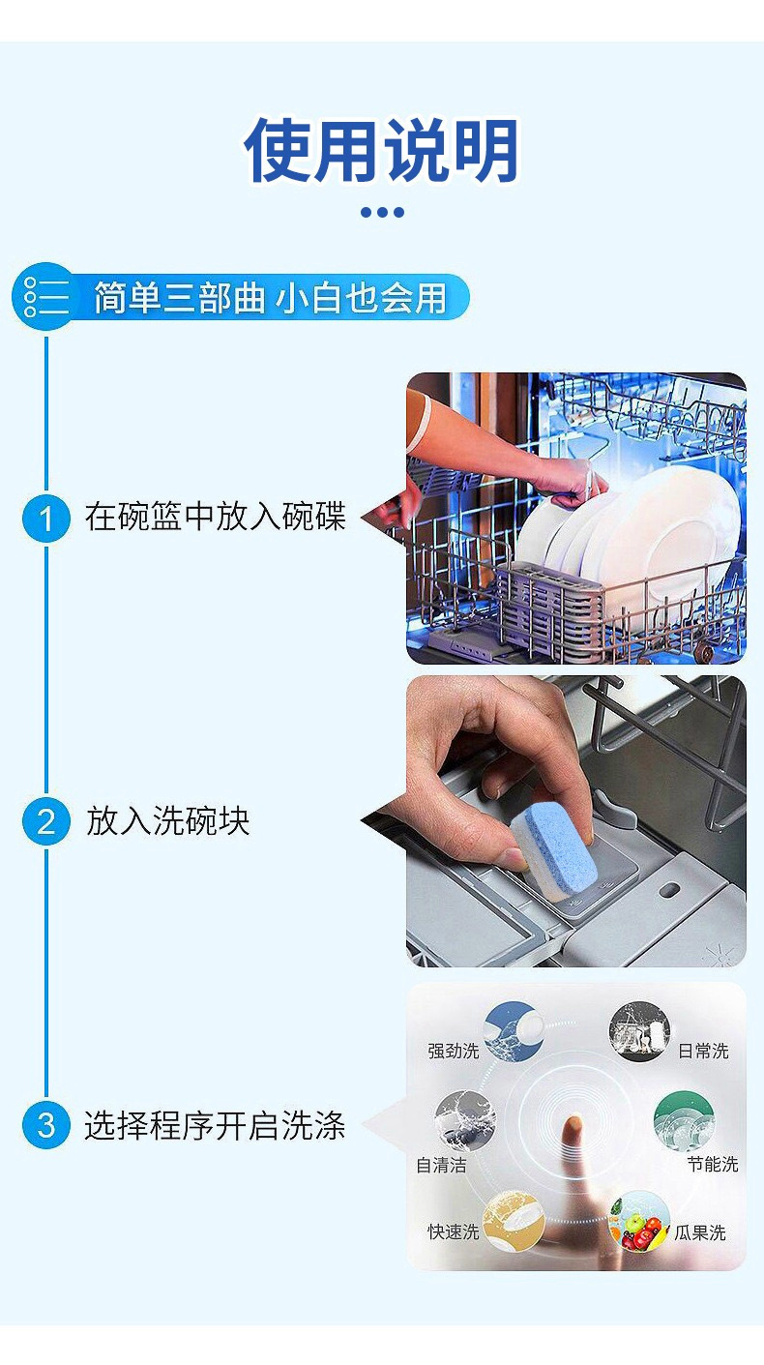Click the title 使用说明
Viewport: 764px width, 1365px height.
pyautogui.click(x=382, y=151)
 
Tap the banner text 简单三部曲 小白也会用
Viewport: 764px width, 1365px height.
pyautogui.click(x=270, y=298)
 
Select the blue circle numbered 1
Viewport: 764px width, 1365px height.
pyautogui.click(x=45, y=519)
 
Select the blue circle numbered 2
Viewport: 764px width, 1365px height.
pyautogui.click(x=45, y=822)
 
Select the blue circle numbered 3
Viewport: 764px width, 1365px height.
pyautogui.click(x=45, y=1126)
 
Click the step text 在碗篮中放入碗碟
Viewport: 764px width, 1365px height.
pyautogui.click(x=215, y=518)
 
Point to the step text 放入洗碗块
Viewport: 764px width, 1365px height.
pyautogui.click(x=168, y=822)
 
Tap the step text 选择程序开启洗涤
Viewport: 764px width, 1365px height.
pyautogui.click(x=215, y=1126)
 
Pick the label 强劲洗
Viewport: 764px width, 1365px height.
pyautogui.click(x=453, y=1051)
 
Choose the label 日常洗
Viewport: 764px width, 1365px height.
pyautogui.click(x=703, y=1051)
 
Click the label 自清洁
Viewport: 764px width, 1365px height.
pyautogui.click(x=441, y=1166)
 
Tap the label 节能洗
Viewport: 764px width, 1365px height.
pyautogui.click(x=713, y=1165)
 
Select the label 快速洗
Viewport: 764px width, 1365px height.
pyautogui.click(x=453, y=1232)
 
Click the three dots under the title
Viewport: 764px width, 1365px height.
pyautogui.click(x=382, y=212)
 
